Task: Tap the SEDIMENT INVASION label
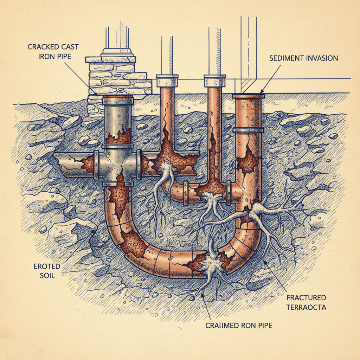(x=303, y=58)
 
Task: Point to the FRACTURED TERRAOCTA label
(x=306, y=302)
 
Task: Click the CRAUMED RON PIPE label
(x=239, y=325)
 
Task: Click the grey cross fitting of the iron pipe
(x=117, y=165)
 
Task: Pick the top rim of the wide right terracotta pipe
(x=248, y=95)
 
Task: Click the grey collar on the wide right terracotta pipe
(x=248, y=130)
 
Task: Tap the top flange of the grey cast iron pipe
(x=118, y=101)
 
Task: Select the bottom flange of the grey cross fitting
(x=118, y=184)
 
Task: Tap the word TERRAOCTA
(x=306, y=307)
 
